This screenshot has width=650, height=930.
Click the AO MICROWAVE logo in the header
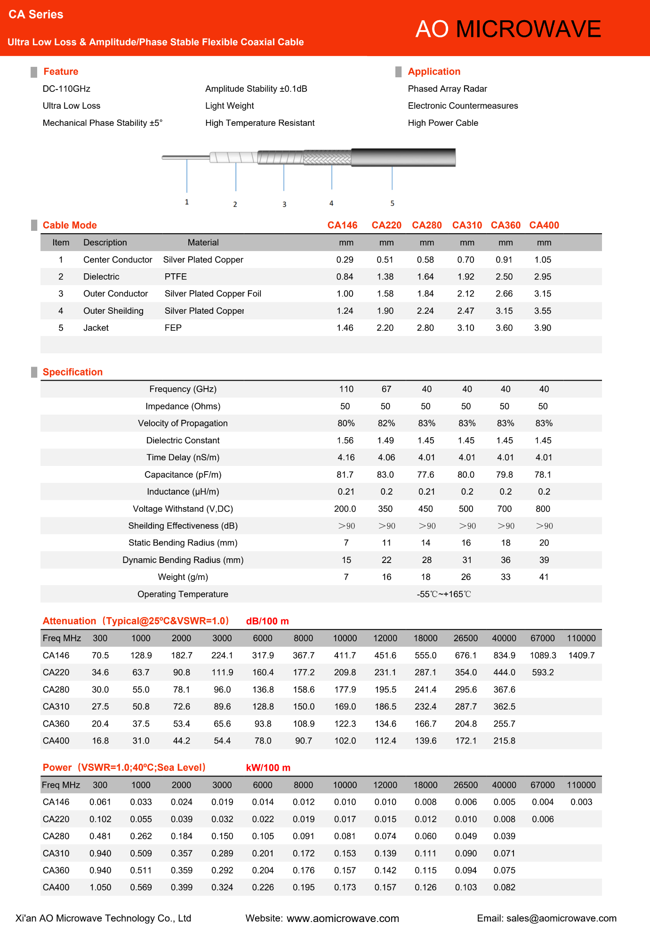click(508, 29)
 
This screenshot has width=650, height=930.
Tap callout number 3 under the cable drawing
click(284, 204)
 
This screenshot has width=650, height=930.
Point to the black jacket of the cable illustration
click(403, 157)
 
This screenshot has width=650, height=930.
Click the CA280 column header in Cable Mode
click(426, 225)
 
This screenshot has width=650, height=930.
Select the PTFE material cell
click(176, 277)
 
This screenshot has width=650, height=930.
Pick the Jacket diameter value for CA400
click(543, 328)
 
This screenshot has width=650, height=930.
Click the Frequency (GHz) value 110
click(346, 389)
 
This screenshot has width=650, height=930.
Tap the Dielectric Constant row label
click(183, 441)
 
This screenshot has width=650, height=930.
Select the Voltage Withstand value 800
click(543, 509)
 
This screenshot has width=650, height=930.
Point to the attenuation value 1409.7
click(581, 655)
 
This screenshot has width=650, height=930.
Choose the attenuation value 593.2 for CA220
click(543, 672)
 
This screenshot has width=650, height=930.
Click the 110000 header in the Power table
click(581, 785)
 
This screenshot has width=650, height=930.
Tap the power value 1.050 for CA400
click(100, 887)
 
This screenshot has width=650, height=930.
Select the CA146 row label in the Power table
click(56, 802)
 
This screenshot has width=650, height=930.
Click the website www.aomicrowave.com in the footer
click(343, 918)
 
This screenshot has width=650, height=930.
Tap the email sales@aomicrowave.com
click(562, 918)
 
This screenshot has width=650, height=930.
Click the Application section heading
click(434, 72)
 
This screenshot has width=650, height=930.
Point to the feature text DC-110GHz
click(66, 89)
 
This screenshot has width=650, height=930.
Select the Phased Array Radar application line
click(447, 89)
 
